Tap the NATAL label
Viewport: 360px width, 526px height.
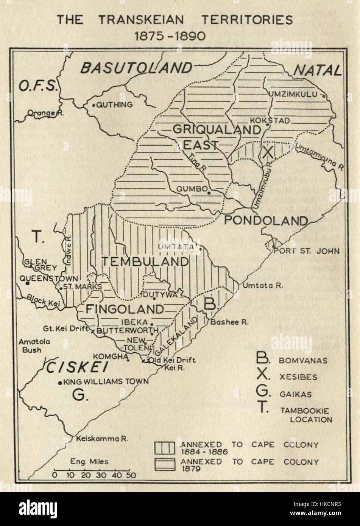point(317,70)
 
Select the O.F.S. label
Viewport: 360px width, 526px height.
point(37,87)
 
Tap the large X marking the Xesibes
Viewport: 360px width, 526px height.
point(268,152)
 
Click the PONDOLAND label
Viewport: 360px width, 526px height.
point(266,220)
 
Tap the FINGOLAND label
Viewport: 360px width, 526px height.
point(125,309)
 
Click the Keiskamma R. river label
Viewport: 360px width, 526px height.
point(102,439)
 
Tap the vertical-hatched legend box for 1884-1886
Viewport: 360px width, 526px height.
point(165,448)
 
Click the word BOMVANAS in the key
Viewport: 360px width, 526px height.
point(303,360)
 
